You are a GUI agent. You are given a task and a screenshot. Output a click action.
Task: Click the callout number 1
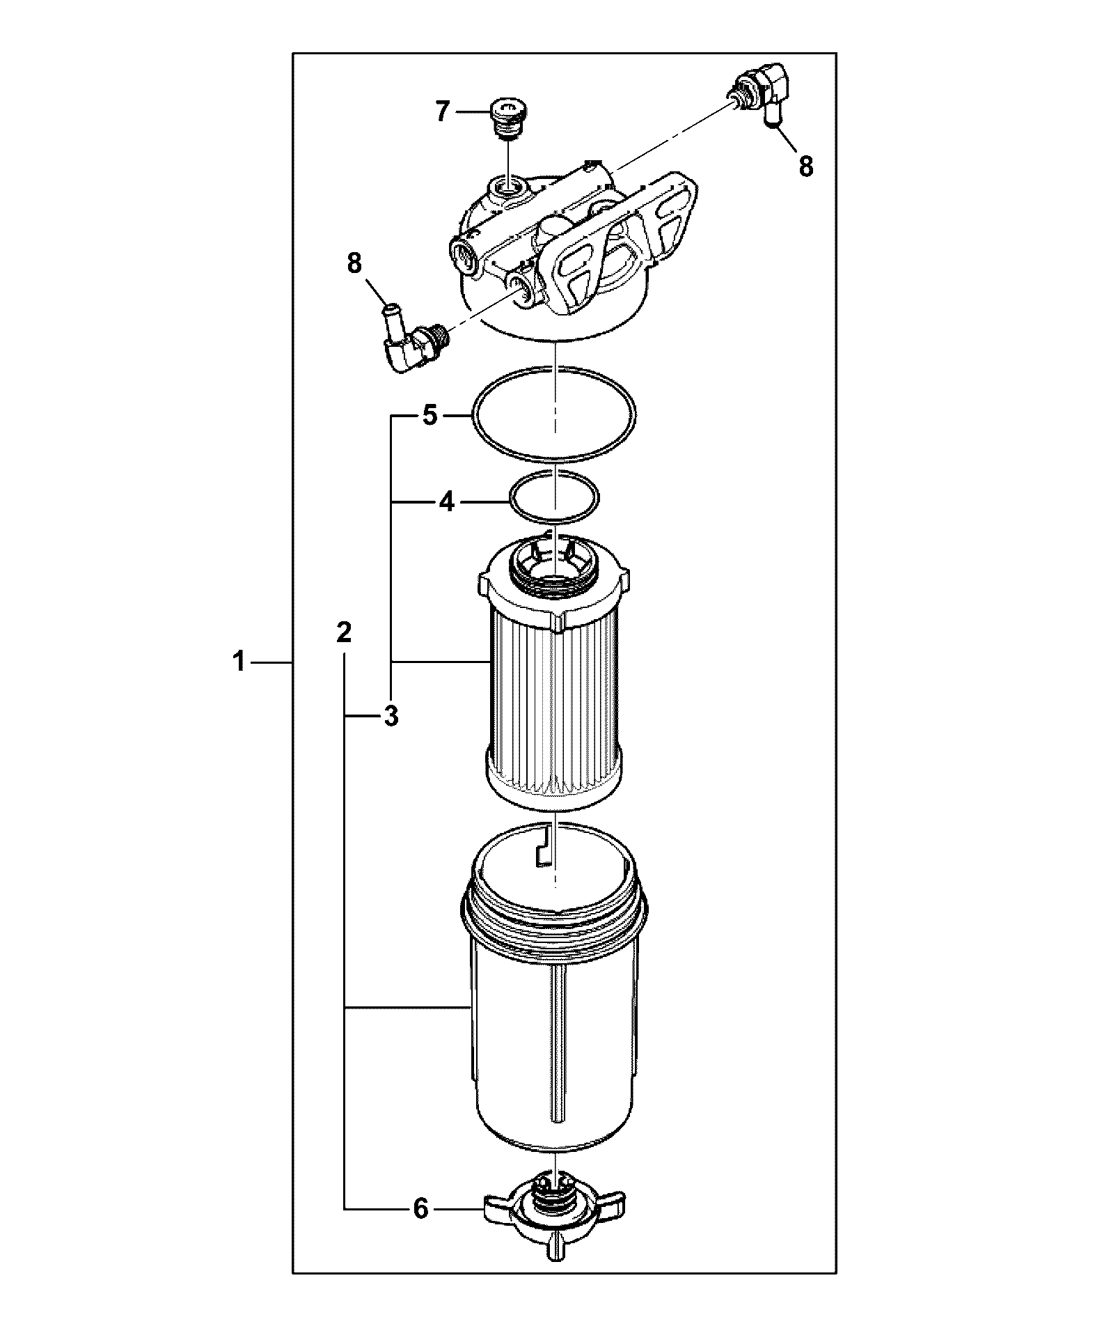(239, 661)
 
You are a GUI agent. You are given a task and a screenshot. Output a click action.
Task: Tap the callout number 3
(391, 715)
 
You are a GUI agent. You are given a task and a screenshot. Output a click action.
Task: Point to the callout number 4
(447, 501)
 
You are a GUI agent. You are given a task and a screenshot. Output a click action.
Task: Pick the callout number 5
(430, 416)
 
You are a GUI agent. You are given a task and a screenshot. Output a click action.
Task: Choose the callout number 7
(443, 111)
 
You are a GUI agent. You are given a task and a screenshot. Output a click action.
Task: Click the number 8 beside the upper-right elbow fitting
(805, 166)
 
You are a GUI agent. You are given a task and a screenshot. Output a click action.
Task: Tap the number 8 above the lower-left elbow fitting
(354, 263)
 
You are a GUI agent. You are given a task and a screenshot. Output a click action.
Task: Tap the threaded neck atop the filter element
(554, 561)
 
